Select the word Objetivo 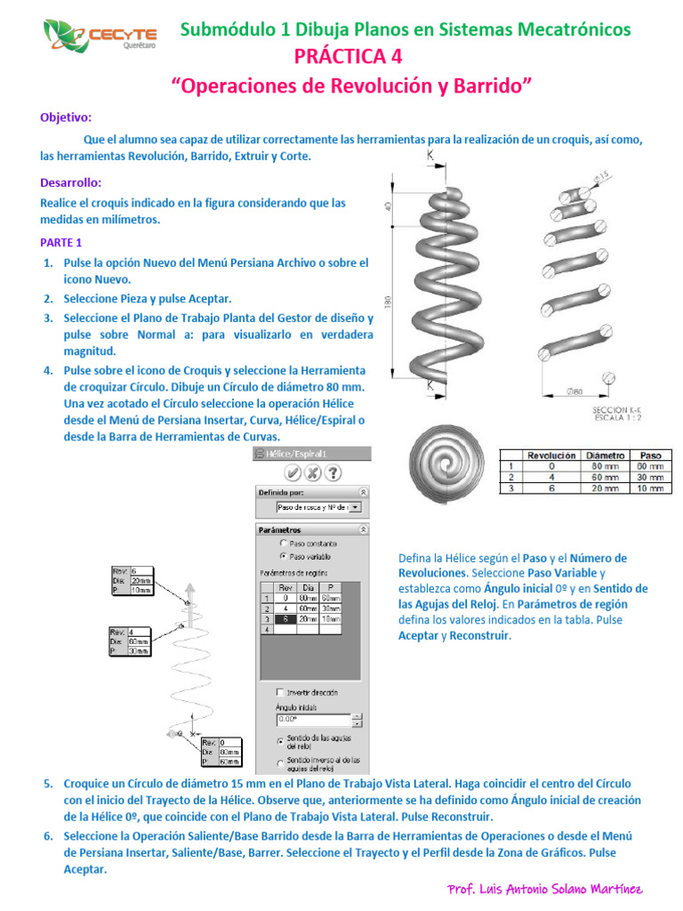pyautogui.click(x=66, y=117)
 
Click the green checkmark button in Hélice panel pyautogui.click(x=293, y=472)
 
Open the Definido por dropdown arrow pyautogui.click(x=355, y=507)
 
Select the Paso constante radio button pyautogui.click(x=284, y=542)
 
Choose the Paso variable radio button pyautogui.click(x=284, y=556)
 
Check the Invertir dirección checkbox pyautogui.click(x=281, y=692)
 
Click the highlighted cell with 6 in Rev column pyautogui.click(x=285, y=618)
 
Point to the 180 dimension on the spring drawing pyautogui.click(x=387, y=302)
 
